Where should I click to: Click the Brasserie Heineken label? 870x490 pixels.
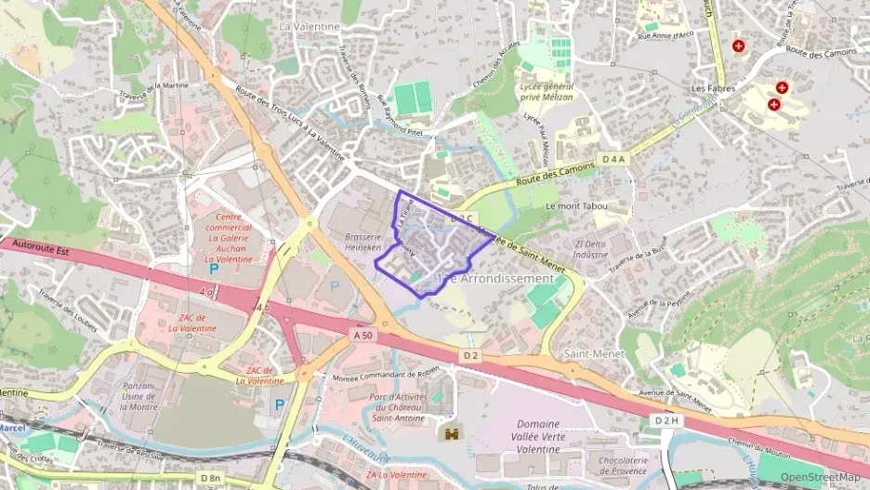(x=363, y=243)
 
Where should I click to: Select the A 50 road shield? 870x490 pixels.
(x=362, y=333)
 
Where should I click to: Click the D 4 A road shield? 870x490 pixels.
(x=614, y=160)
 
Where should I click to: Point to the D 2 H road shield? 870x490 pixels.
(x=666, y=421)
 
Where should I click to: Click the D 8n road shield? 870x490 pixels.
(x=210, y=478)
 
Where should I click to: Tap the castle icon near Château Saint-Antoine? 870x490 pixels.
(x=453, y=433)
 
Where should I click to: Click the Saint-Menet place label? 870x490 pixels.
(x=587, y=354)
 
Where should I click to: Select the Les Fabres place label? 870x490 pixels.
(x=713, y=88)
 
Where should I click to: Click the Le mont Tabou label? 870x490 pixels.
(x=576, y=205)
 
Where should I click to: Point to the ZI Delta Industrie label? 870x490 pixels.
(x=591, y=248)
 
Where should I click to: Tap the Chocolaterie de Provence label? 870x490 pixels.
(x=623, y=466)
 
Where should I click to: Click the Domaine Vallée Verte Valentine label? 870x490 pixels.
(x=537, y=436)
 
